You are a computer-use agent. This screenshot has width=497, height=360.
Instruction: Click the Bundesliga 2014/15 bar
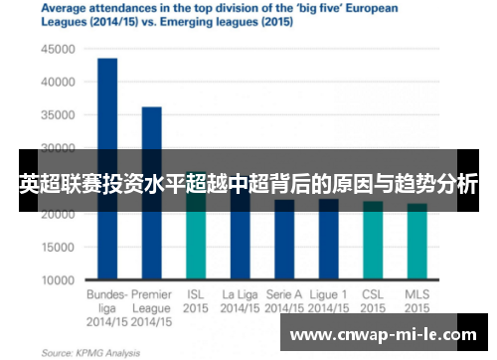tap(106, 169)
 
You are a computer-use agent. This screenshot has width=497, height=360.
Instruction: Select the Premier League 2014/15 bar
tap(151, 193)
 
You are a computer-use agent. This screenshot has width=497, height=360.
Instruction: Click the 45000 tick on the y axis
tap(57, 48)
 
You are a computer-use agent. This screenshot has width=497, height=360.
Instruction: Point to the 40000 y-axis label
tap(57, 82)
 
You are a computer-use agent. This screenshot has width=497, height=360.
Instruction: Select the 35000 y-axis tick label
tap(57, 114)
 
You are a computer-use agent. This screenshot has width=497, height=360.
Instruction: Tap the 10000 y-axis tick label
tap(57, 280)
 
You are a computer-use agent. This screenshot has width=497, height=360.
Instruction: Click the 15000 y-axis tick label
tap(57, 248)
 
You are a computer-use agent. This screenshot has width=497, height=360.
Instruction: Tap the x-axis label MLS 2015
tap(417, 301)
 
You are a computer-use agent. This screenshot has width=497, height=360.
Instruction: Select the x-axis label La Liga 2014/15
tap(240, 301)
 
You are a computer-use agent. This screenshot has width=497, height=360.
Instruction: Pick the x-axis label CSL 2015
tap(373, 301)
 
